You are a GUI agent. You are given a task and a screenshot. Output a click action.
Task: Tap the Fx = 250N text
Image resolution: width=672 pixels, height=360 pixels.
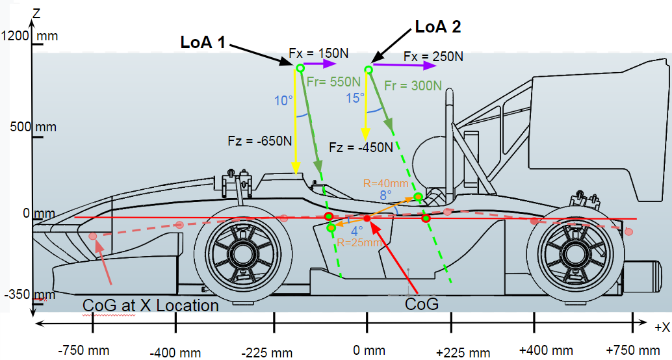(433, 57)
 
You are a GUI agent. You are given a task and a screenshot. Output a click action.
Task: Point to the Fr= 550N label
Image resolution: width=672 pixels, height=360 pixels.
(333, 82)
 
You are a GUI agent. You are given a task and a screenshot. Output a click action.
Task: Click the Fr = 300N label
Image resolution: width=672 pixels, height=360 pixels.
(413, 85)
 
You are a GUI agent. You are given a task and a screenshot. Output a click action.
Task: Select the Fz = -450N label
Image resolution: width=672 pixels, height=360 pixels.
(361, 147)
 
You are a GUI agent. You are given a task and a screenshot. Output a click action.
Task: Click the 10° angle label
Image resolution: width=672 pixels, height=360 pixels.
(284, 101)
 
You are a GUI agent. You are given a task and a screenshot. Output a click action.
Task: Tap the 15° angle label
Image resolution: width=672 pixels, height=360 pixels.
(355, 97)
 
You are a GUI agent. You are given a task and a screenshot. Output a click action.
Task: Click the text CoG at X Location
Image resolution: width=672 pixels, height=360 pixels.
(151, 305)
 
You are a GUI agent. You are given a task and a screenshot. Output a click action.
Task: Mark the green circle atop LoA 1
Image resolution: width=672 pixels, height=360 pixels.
(300, 68)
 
